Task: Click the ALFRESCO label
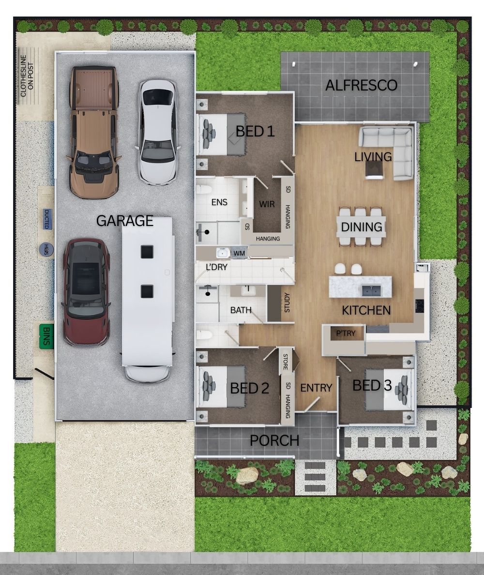point(361,86)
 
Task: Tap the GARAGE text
point(124,221)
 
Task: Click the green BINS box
point(46,336)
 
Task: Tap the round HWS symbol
point(46,250)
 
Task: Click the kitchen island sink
point(370,290)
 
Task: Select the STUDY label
point(287,303)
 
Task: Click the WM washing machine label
point(239,253)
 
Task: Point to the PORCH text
point(274,440)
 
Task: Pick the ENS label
point(219,202)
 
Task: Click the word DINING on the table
point(362,227)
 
